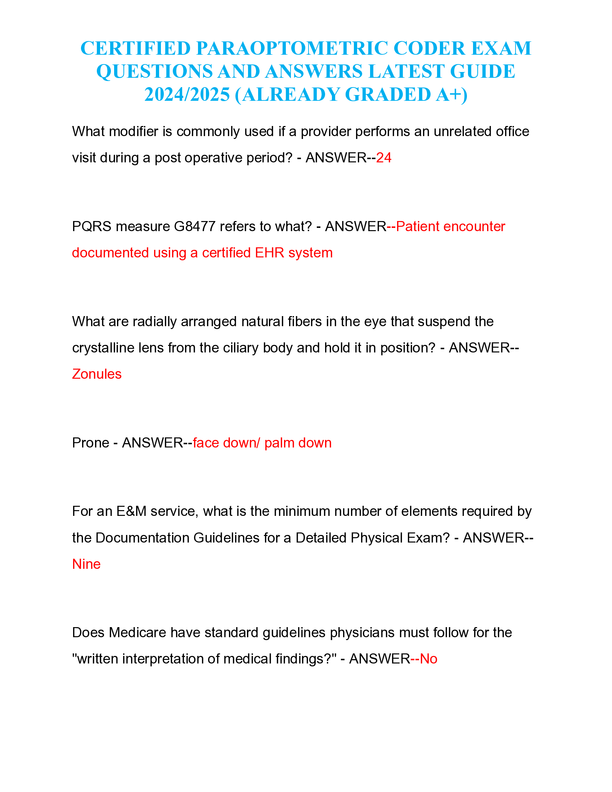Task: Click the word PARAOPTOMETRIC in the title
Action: pyautogui.click(x=292, y=48)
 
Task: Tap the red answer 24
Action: pyautogui.click(x=384, y=158)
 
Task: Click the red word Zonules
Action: pyautogui.click(x=97, y=374)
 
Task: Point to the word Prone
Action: pyautogui.click(x=90, y=443)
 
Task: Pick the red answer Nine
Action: pyautogui.click(x=86, y=564)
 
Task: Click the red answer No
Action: pyautogui.click(x=428, y=659)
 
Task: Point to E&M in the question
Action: pyautogui.click(x=131, y=511)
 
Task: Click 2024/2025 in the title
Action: pyautogui.click(x=187, y=95)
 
